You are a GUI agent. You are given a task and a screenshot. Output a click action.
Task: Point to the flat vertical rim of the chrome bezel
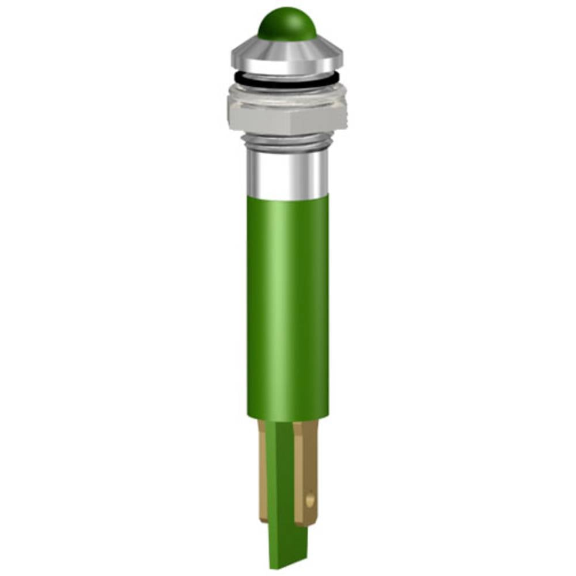[x=287, y=65]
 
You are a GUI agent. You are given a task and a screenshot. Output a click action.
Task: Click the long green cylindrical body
[x=287, y=305]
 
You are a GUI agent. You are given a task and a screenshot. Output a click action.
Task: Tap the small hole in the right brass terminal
[x=310, y=501]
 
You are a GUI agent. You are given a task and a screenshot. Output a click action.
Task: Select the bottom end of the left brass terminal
[x=263, y=518]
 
